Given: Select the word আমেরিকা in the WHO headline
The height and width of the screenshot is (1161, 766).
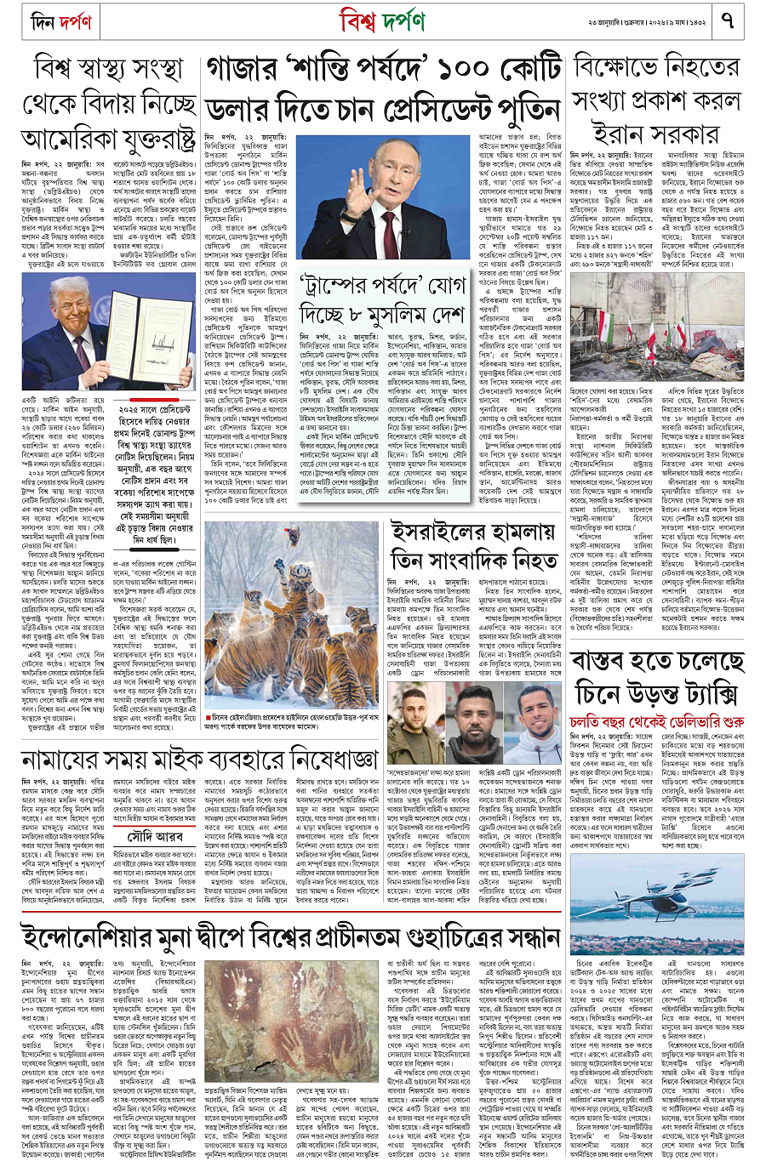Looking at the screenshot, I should click(73, 137).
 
